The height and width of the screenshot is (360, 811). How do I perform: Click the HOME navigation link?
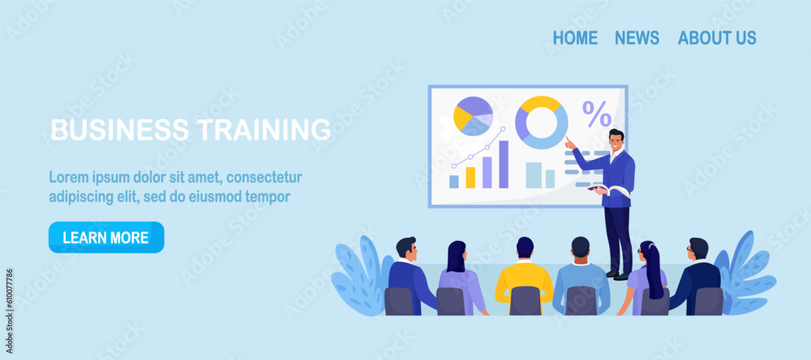click(x=575, y=38)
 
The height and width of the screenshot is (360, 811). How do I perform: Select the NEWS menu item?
click(x=637, y=38)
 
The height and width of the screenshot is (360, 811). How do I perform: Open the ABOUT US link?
click(x=717, y=38)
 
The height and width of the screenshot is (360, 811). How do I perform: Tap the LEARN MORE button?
click(x=106, y=238)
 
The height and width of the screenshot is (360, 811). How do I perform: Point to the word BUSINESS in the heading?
click(x=120, y=129)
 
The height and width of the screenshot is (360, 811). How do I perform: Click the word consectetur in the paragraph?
click(x=264, y=178)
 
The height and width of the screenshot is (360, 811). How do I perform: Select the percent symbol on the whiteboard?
click(x=597, y=114)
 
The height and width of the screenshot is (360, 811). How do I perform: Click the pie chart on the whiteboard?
click(x=474, y=117)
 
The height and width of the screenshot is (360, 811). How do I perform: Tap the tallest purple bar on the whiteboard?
click(x=504, y=165)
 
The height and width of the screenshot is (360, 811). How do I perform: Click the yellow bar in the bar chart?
click(x=470, y=178)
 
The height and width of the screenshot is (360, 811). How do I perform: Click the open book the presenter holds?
click(x=609, y=190)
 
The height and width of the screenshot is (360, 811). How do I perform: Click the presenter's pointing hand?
click(x=569, y=143)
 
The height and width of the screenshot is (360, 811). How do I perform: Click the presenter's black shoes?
click(x=620, y=275)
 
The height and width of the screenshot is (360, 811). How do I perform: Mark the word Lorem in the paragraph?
click(x=65, y=178)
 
